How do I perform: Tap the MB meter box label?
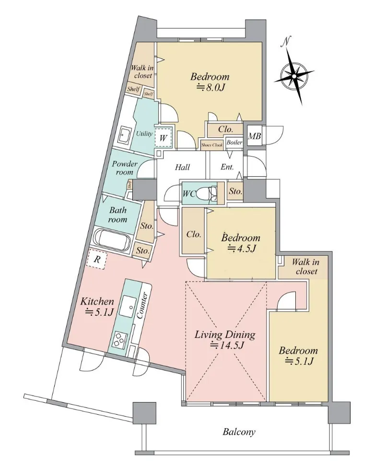pyautogui.click(x=255, y=136)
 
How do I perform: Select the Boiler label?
pyautogui.click(x=234, y=143)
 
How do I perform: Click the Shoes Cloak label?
pyautogui.click(x=212, y=145)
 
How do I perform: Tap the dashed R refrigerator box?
pyautogui.click(x=96, y=259)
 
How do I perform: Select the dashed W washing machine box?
pyautogui.click(x=164, y=137)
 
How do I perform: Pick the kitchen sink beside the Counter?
pyautogui.click(x=128, y=307)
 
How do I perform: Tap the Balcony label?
pyautogui.click(x=239, y=432)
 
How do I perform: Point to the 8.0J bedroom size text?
pyautogui.click(x=210, y=87)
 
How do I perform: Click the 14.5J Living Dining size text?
pyautogui.click(x=227, y=345)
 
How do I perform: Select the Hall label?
pyautogui.click(x=182, y=167)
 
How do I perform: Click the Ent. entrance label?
pyautogui.click(x=227, y=167)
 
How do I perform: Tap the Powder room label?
pyautogui.click(x=125, y=168)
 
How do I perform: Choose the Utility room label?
pyautogui.click(x=144, y=134)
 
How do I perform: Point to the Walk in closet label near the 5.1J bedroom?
pyautogui.click(x=306, y=266)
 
